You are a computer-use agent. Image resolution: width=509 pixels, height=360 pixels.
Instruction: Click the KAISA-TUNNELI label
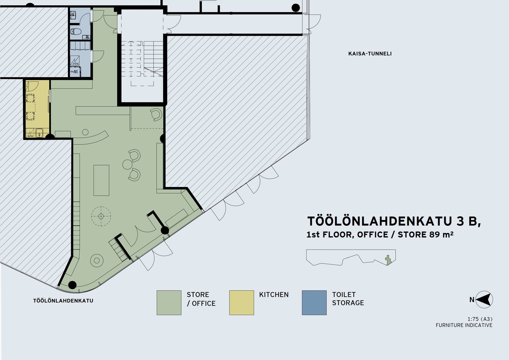pyautogui.click(x=370, y=54)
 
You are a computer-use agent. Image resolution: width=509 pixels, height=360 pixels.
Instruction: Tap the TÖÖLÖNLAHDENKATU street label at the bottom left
pyautogui.click(x=63, y=301)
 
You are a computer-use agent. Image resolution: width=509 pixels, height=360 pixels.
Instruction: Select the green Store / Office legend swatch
pyautogui.click(x=169, y=303)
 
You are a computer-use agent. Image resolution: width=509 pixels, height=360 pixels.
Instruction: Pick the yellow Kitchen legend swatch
pyautogui.click(x=242, y=303)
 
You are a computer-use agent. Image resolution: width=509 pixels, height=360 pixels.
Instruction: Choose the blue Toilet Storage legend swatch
pyautogui.click(x=314, y=303)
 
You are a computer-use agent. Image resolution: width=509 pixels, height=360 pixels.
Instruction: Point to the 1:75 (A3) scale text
pyautogui.click(x=480, y=319)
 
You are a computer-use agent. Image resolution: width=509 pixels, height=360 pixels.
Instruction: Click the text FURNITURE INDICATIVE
pyautogui.click(x=464, y=325)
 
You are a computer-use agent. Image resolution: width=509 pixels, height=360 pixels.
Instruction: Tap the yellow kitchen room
pyautogui.click(x=37, y=109)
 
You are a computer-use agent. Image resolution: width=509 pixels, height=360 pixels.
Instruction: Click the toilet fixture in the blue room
pyautogui.click(x=76, y=32)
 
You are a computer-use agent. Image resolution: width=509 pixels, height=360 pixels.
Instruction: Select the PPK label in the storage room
pyautogui.click(x=76, y=64)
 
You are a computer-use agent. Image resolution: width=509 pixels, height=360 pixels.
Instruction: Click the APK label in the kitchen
pyautogui.click(x=31, y=136)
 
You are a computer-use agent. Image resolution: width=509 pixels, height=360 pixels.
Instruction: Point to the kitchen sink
pyautogui.click(x=40, y=133)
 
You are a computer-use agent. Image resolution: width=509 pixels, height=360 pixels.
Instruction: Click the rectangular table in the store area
pyautogui.click(x=101, y=180)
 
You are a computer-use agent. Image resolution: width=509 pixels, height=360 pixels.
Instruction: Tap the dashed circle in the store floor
pyautogui.click(x=101, y=216)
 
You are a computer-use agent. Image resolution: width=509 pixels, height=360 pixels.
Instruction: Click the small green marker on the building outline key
pyautogui.click(x=388, y=260)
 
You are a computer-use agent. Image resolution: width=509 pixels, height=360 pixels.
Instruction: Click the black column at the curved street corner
pyautogui.click(x=72, y=285)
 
